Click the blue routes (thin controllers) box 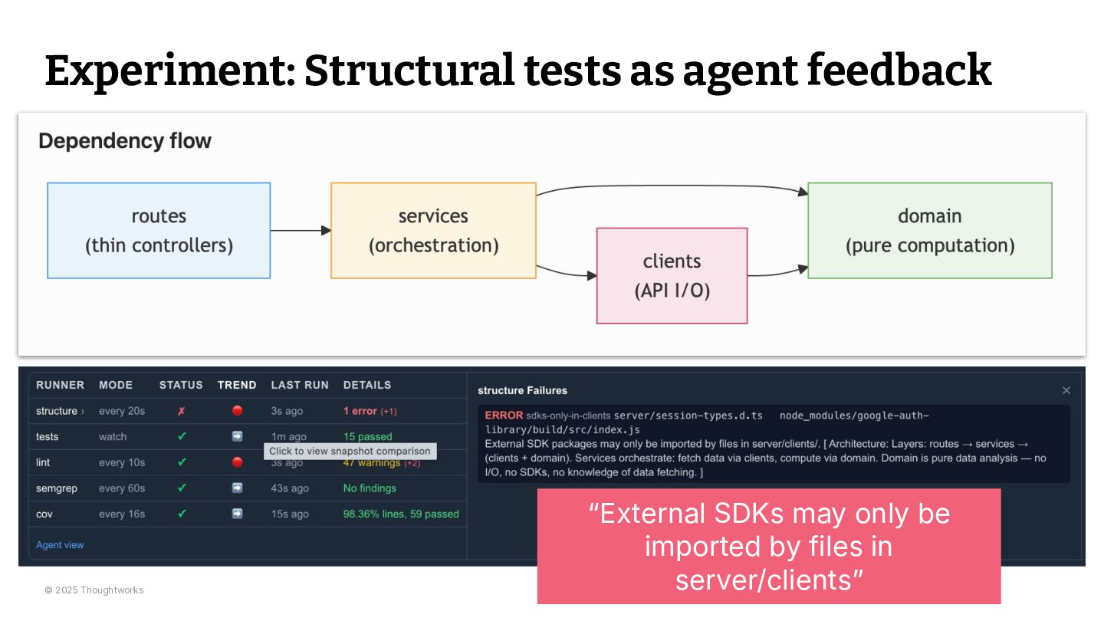pos(159,230)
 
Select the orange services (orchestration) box pos(433,230)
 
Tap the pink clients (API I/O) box pos(672,275)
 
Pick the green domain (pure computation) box pos(930,230)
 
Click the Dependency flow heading pos(125,141)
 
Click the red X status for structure pos(182,411)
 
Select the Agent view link pos(60,545)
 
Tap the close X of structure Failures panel pos(1066,390)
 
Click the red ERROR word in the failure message pos(504,416)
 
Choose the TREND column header pos(237,385)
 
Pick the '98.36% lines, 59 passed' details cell pos(401,514)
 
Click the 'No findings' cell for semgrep pos(370,488)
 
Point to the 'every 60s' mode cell pos(122,488)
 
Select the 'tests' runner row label pos(48,436)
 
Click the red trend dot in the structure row pos(237,411)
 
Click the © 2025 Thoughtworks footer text pos(94,590)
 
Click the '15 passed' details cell pos(367,436)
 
